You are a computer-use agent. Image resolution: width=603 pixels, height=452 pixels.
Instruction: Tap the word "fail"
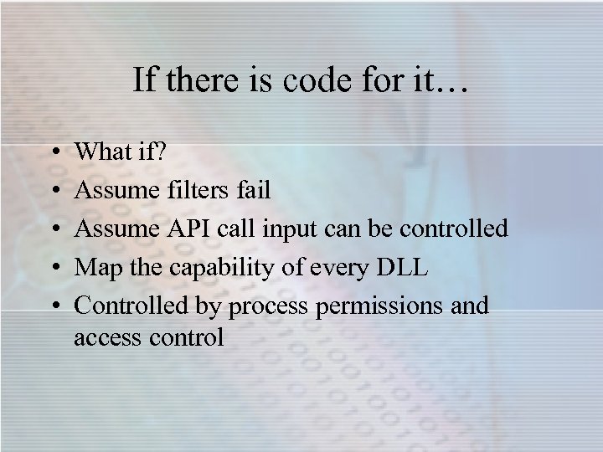(251, 190)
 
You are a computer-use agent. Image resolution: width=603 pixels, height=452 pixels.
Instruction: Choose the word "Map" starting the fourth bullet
(95, 268)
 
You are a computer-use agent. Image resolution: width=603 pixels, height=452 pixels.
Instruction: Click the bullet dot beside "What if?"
(54, 153)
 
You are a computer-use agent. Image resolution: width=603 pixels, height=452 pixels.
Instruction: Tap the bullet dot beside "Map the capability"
(54, 269)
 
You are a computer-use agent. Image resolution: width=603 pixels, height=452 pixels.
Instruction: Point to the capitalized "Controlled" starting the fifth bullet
(124, 306)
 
